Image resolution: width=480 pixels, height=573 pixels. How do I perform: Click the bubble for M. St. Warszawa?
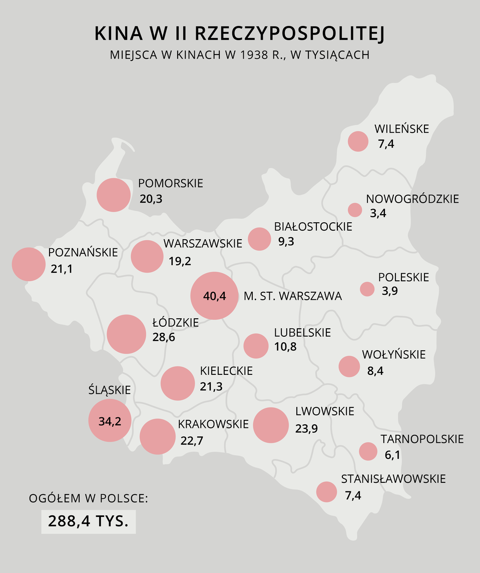click(x=214, y=296)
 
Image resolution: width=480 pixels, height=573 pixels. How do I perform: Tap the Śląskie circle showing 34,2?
click(x=110, y=421)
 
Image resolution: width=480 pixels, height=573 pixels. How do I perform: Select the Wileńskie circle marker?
click(x=358, y=141)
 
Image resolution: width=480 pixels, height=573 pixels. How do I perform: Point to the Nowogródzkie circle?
click(x=355, y=210)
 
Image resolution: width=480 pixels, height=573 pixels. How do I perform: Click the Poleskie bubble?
click(x=367, y=289)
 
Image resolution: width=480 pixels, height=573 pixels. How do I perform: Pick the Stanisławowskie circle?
click(x=327, y=491)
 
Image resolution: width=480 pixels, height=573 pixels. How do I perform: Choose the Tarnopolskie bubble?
click(x=368, y=451)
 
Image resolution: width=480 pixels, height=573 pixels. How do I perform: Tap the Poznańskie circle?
click(x=29, y=264)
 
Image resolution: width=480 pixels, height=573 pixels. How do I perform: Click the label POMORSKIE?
click(x=171, y=184)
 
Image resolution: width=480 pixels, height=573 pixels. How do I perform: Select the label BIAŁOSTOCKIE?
click(x=313, y=227)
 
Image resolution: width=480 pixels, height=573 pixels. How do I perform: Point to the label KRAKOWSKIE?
click(x=213, y=424)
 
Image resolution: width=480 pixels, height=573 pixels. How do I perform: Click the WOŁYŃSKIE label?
click(x=393, y=355)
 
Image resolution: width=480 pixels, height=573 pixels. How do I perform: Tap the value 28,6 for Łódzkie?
click(x=164, y=337)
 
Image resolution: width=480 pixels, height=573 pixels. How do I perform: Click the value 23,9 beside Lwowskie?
click(x=306, y=428)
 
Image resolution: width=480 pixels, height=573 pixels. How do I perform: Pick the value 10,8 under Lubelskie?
click(x=285, y=346)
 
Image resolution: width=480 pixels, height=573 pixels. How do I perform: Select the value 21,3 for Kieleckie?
click(x=211, y=386)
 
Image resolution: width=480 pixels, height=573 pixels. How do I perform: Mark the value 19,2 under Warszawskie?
click(x=180, y=261)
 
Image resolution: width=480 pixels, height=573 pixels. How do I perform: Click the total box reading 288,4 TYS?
click(x=89, y=521)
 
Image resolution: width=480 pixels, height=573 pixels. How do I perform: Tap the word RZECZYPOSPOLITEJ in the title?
click(x=290, y=34)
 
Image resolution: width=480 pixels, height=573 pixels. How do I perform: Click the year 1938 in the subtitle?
click(x=252, y=55)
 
